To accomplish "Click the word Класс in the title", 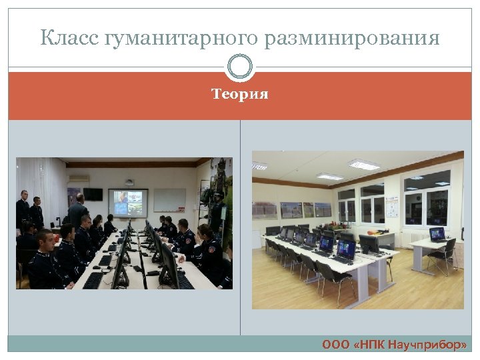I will (x=69, y=38).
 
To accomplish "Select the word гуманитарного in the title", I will (x=180, y=39).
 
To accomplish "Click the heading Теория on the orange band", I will (x=240, y=95).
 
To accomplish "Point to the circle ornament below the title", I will (x=240, y=67).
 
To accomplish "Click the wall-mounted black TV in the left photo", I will (x=93, y=194).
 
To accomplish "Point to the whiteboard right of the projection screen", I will (x=170, y=199).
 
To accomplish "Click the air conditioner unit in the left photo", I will (x=79, y=179).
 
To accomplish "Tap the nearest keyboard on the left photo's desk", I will (x=93, y=279).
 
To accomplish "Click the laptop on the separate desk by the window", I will (x=437, y=235).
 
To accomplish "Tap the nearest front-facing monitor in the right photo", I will (x=346, y=249).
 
